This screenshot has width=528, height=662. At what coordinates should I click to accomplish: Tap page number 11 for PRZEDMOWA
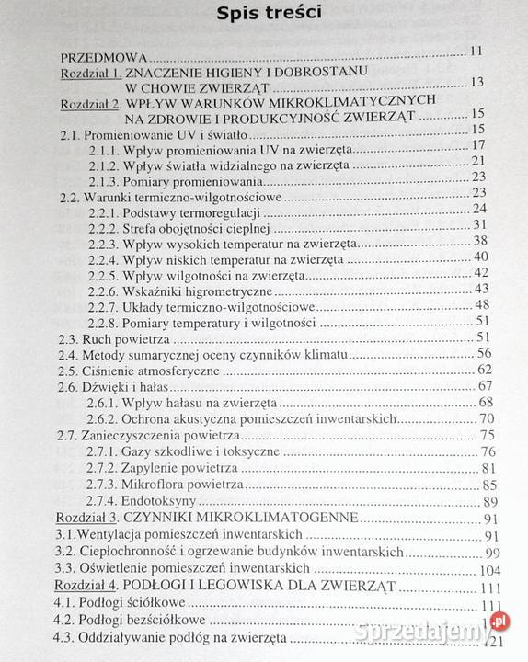476,51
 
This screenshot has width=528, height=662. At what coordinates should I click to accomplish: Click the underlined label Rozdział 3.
90,517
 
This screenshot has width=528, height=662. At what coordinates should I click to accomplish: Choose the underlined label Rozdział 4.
90,586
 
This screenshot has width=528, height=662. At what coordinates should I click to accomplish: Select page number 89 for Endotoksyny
489,501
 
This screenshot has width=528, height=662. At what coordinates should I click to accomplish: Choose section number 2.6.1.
107,402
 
